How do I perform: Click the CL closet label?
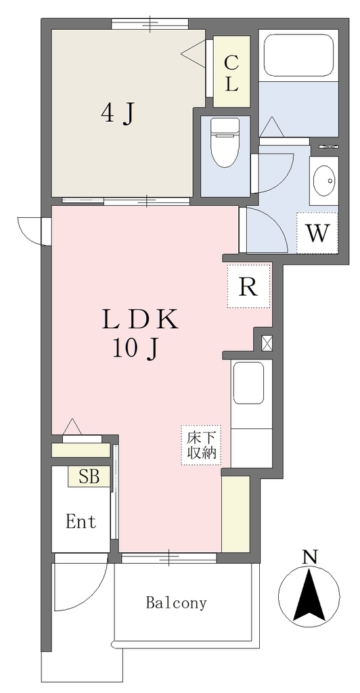click(x=231, y=73)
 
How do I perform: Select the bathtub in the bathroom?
click(x=299, y=55)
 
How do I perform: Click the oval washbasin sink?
click(x=323, y=180)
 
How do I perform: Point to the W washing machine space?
click(x=317, y=233)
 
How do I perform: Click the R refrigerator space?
click(x=249, y=286)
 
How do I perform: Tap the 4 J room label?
click(x=117, y=114)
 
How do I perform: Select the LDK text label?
click(x=140, y=319)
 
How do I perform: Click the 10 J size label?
click(x=135, y=350)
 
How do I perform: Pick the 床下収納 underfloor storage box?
click(x=200, y=445)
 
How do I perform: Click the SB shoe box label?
click(x=89, y=477)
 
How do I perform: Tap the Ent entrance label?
click(x=81, y=522)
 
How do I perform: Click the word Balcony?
click(x=176, y=603)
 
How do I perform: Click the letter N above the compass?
click(x=311, y=556)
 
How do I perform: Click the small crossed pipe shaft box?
click(x=267, y=343)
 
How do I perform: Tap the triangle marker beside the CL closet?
click(x=194, y=53)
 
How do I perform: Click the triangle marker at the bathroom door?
click(x=272, y=127)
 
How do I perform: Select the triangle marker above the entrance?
click(x=72, y=428)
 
